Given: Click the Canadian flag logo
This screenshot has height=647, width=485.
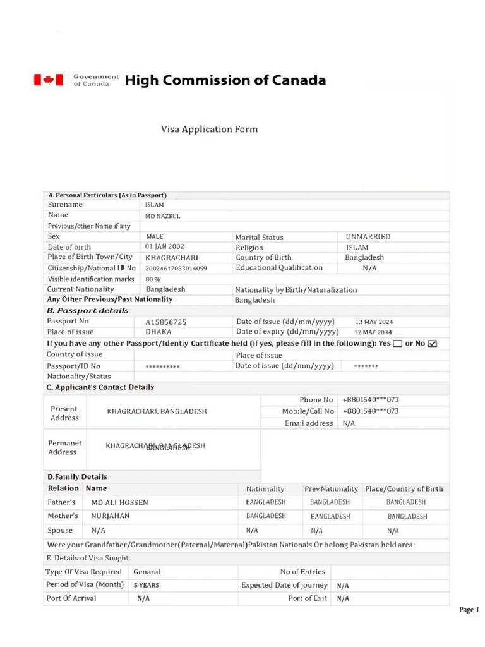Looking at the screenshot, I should coord(48,80).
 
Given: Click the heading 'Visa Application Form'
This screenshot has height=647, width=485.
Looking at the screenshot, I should coord(209,130).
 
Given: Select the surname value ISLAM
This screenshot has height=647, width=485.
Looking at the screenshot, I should coord(154,205).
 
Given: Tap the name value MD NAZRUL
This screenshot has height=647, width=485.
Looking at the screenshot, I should coord(162,216).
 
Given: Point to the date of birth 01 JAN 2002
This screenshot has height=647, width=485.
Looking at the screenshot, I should coord(165,246).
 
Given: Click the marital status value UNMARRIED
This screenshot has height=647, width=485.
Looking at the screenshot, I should coord(368,237).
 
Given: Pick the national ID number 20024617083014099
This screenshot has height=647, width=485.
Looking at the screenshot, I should coord(176,269).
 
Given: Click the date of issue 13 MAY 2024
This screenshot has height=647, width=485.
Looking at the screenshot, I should coord(374,322).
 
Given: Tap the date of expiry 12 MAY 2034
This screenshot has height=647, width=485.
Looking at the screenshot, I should coord(373,332).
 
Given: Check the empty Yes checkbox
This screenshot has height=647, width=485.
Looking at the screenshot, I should coord(398,344).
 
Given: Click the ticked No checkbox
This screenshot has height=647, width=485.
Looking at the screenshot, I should coord(433,344).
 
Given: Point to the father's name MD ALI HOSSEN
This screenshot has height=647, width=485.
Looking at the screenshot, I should coord(120,503).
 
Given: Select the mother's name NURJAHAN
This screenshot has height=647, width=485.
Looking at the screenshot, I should coord(111,516).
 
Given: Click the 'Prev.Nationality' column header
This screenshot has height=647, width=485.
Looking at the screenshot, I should coord(331,489).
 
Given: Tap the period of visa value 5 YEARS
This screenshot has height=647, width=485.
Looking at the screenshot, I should coord(146,586).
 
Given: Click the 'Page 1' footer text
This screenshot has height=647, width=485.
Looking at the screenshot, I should coord(469,610).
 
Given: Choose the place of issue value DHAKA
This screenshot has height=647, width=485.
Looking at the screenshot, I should coord(159,332).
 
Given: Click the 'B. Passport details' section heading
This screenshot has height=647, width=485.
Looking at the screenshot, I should coord(88,311).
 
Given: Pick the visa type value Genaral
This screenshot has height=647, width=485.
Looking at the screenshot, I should coord(147,572).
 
